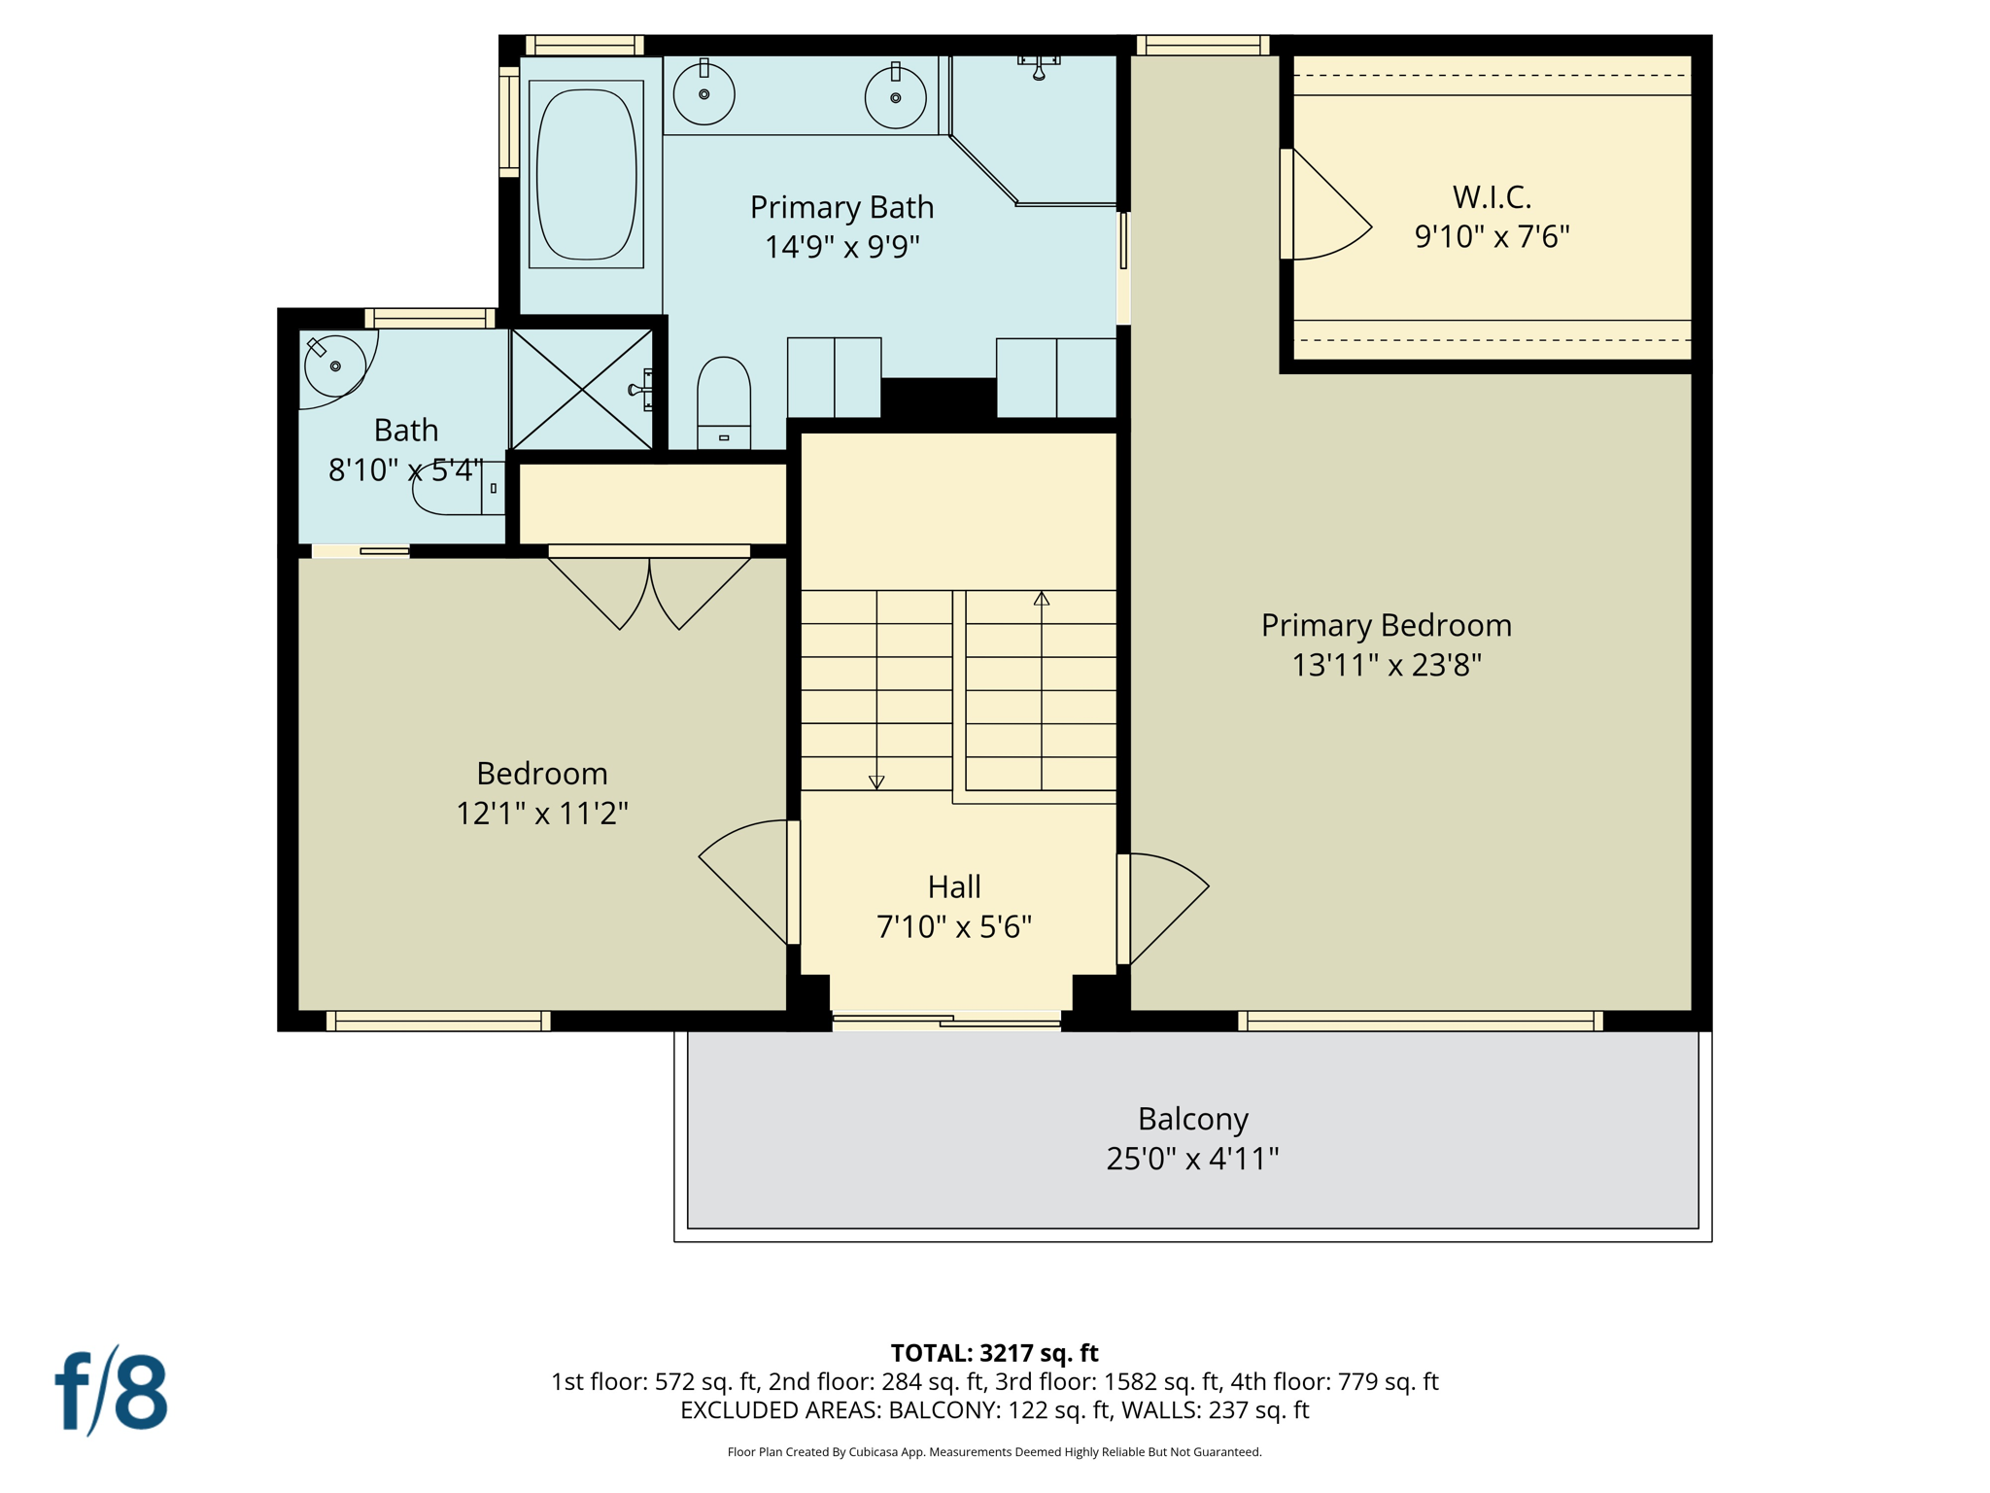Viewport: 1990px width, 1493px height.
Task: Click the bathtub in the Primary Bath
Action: [x=586, y=174]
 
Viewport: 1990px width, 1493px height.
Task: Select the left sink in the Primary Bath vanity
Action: [x=703, y=93]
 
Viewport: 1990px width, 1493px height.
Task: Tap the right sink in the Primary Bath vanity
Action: [x=895, y=96]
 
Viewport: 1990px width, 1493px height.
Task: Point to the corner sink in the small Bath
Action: [x=333, y=365]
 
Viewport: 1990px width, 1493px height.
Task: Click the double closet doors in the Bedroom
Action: [x=649, y=588]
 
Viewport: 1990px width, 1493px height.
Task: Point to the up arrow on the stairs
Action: [x=1042, y=599]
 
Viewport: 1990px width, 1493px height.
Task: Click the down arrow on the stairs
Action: [x=876, y=781]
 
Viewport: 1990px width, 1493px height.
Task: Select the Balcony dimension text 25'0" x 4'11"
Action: [x=1192, y=1159]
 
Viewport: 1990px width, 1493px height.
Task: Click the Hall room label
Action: [x=953, y=886]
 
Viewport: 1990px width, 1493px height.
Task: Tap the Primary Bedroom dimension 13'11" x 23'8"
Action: [x=1386, y=665]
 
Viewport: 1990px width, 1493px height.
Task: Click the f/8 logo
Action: [x=112, y=1392]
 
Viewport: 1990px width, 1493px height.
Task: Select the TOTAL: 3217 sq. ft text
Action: [x=994, y=1353]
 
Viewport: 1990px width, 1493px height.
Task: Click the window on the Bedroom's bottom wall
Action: [x=438, y=1021]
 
